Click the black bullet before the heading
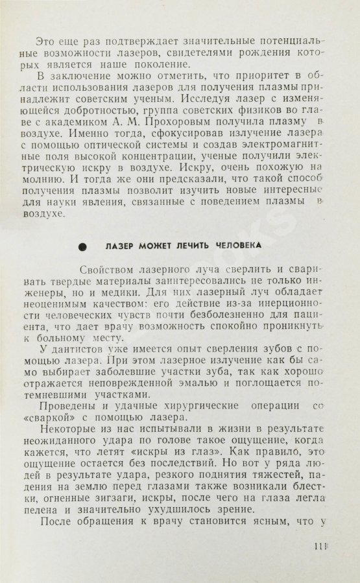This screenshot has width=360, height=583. pyautogui.click(x=82, y=246)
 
